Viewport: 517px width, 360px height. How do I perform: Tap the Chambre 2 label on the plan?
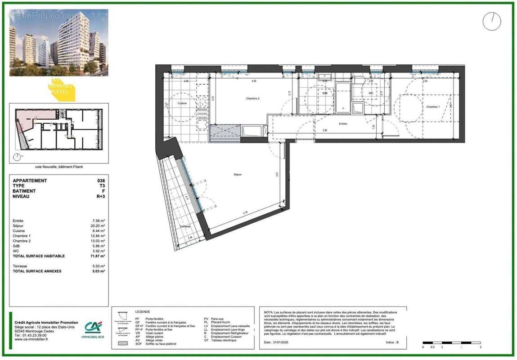(253, 99)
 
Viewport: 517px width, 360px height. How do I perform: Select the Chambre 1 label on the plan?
(432, 107)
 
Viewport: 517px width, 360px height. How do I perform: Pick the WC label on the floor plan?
(371, 93)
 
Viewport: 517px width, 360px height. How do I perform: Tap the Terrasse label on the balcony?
(185, 226)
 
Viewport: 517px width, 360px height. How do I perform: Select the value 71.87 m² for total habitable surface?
(99, 256)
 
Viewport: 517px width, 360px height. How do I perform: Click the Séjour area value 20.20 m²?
(99, 226)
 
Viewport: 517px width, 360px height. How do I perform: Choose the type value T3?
(102, 186)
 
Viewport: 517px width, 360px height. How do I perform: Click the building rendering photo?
(58, 43)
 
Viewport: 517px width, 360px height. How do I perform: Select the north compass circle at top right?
(492, 22)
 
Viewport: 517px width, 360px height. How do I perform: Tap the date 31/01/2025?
(283, 342)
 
